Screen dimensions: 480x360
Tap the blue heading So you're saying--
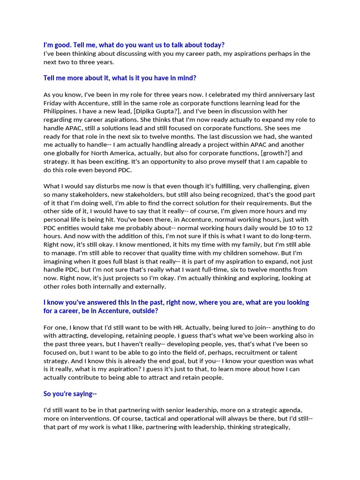pyautogui.click(x=70, y=394)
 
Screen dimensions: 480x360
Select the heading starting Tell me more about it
pyautogui.click(x=123, y=78)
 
